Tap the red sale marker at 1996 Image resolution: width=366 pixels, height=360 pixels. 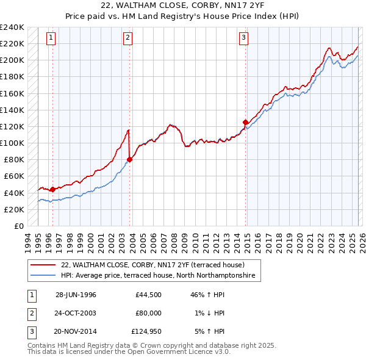[x=52, y=189]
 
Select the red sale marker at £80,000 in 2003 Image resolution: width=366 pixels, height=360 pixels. [x=129, y=160]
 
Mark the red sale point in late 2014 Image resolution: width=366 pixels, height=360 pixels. [x=245, y=122]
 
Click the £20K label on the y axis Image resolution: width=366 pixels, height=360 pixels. [x=14, y=209]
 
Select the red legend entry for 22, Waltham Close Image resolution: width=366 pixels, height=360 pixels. [x=152, y=265]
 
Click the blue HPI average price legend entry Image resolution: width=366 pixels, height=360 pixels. [x=160, y=276]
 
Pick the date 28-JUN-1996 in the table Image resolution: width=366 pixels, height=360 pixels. [x=76, y=295]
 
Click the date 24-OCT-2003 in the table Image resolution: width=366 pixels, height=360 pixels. [x=76, y=313]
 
